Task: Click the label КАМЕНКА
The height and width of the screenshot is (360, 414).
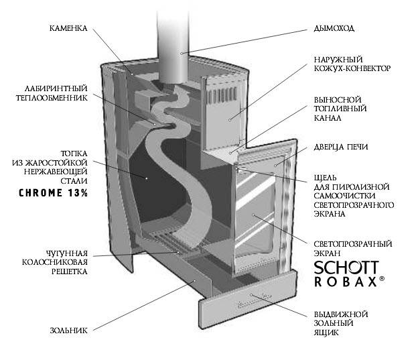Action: click(x=68, y=28)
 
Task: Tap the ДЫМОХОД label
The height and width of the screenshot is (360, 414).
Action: click(x=334, y=28)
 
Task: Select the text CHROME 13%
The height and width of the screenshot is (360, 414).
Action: click(x=53, y=192)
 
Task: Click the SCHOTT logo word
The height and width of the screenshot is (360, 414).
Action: click(x=346, y=267)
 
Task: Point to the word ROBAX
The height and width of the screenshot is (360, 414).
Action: click(x=345, y=282)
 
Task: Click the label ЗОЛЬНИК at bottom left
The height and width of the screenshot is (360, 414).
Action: click(x=68, y=331)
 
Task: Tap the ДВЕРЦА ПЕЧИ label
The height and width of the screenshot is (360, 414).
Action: click(x=341, y=147)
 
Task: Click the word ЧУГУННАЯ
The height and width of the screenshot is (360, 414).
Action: click(x=66, y=253)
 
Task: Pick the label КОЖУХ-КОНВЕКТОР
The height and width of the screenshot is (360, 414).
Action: click(x=352, y=68)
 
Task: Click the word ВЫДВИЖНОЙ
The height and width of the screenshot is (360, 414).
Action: click(x=341, y=314)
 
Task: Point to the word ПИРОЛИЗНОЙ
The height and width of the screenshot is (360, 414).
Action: click(x=361, y=187)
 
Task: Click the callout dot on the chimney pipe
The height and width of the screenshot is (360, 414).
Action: click(x=182, y=53)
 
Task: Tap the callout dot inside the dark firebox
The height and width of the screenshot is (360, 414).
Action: click(x=147, y=179)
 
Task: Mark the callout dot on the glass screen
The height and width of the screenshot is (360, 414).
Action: click(x=253, y=215)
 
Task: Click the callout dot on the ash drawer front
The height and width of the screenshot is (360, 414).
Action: click(x=251, y=294)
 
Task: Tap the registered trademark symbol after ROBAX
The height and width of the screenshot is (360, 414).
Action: click(x=382, y=279)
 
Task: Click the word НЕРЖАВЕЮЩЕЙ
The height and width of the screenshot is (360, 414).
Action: click(x=56, y=172)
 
